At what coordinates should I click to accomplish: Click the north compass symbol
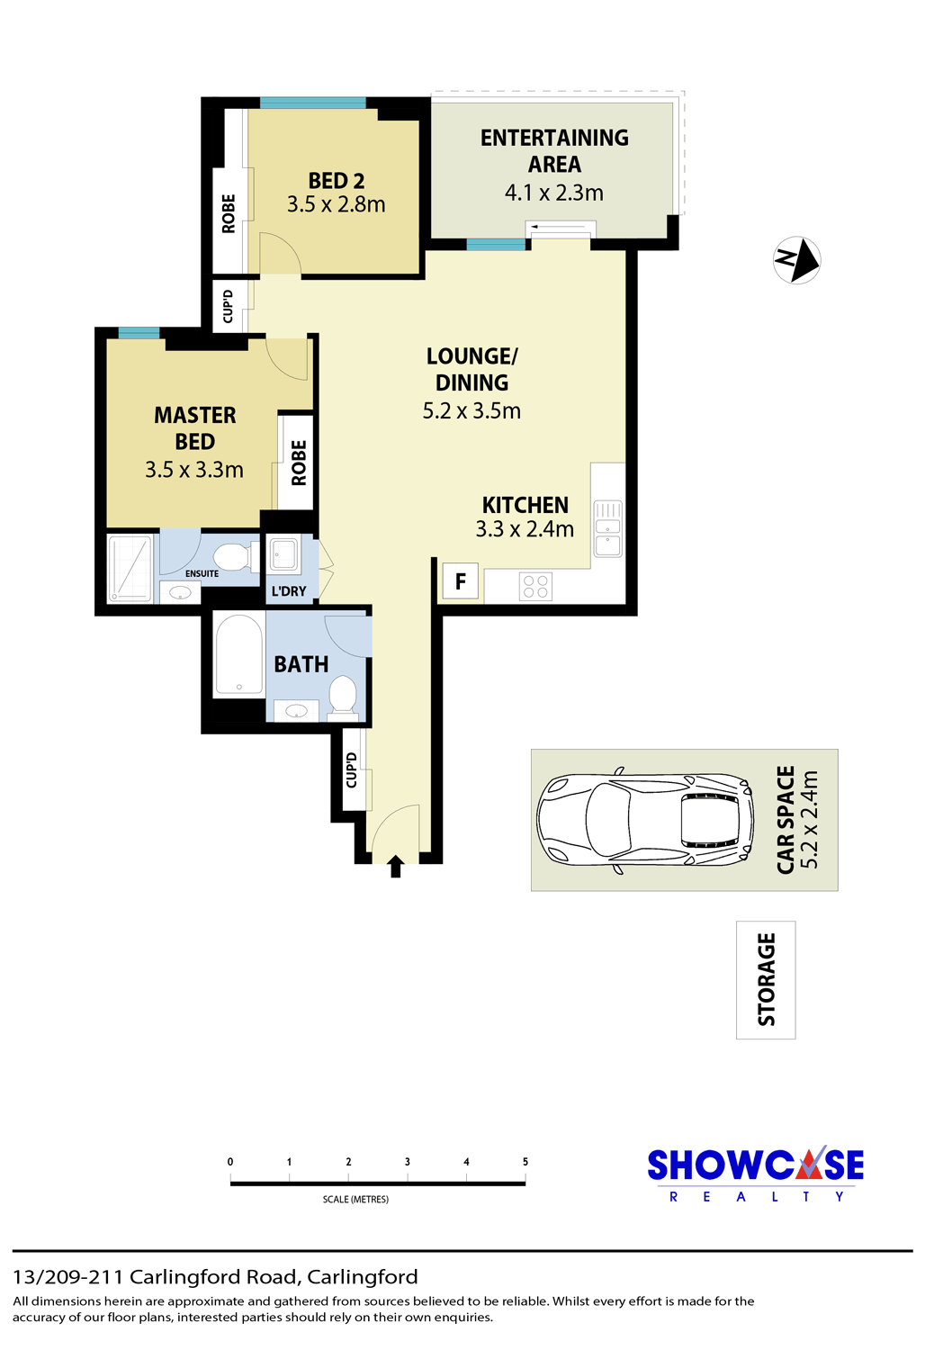point(796,260)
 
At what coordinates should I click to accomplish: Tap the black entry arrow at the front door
point(395,866)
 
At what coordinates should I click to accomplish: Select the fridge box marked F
point(461,581)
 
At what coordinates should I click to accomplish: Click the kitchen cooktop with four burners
point(535,586)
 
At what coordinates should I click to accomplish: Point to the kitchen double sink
point(608,528)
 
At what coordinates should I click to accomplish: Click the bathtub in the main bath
point(239,654)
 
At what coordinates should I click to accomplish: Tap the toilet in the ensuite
point(233,557)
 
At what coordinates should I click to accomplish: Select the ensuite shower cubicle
point(130,568)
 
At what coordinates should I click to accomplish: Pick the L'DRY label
point(289,591)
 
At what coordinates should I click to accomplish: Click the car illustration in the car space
point(645,820)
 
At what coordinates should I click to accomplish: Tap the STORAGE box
point(766,979)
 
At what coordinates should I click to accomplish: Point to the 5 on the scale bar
point(525,1161)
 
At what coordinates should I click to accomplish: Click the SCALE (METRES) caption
point(355,1200)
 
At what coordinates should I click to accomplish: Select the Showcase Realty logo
point(756,1174)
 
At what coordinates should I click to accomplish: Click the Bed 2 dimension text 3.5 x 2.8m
point(337,204)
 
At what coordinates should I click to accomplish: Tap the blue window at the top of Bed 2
point(313,103)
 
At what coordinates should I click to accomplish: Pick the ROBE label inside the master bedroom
point(299,463)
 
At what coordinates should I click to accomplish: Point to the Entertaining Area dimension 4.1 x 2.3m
point(554,193)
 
